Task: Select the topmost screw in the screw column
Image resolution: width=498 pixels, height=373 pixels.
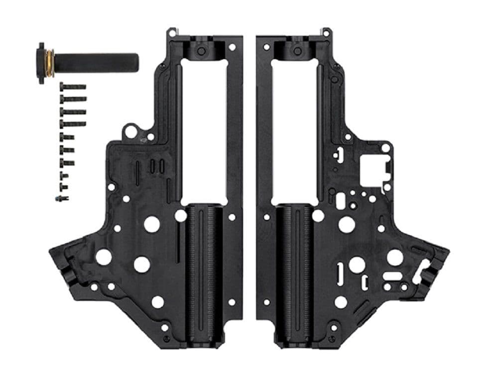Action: coord(73,87)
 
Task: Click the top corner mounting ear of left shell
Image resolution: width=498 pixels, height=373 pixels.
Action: coord(172,32)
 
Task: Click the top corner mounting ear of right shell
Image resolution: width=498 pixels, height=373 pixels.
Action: coord(326,32)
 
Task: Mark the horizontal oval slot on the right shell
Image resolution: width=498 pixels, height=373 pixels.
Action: coord(393,276)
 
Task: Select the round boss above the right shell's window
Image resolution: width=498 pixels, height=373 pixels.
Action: coord(297,51)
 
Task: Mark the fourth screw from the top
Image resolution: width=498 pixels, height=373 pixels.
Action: coord(73,123)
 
